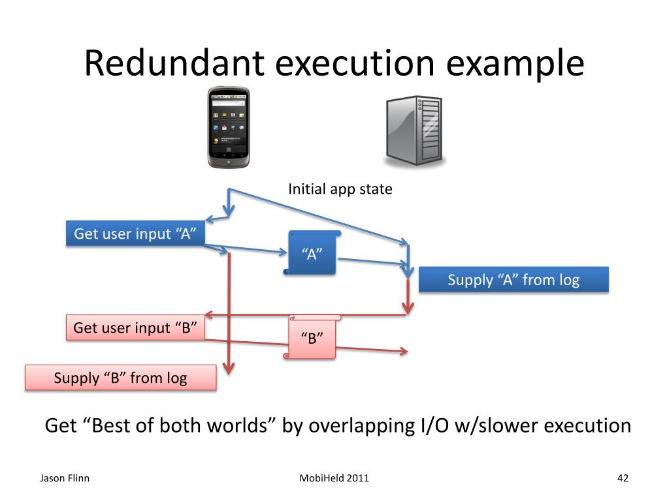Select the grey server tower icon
click(x=414, y=130)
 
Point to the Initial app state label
click(x=340, y=189)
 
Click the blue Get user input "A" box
click(x=136, y=234)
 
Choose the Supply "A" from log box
click(x=514, y=280)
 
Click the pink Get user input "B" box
click(x=136, y=327)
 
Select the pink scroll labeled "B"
click(x=312, y=337)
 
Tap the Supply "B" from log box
click(x=120, y=378)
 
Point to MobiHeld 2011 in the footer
click(x=334, y=478)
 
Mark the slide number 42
click(x=622, y=478)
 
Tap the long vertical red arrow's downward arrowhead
click(x=229, y=369)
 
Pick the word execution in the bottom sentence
click(x=587, y=426)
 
